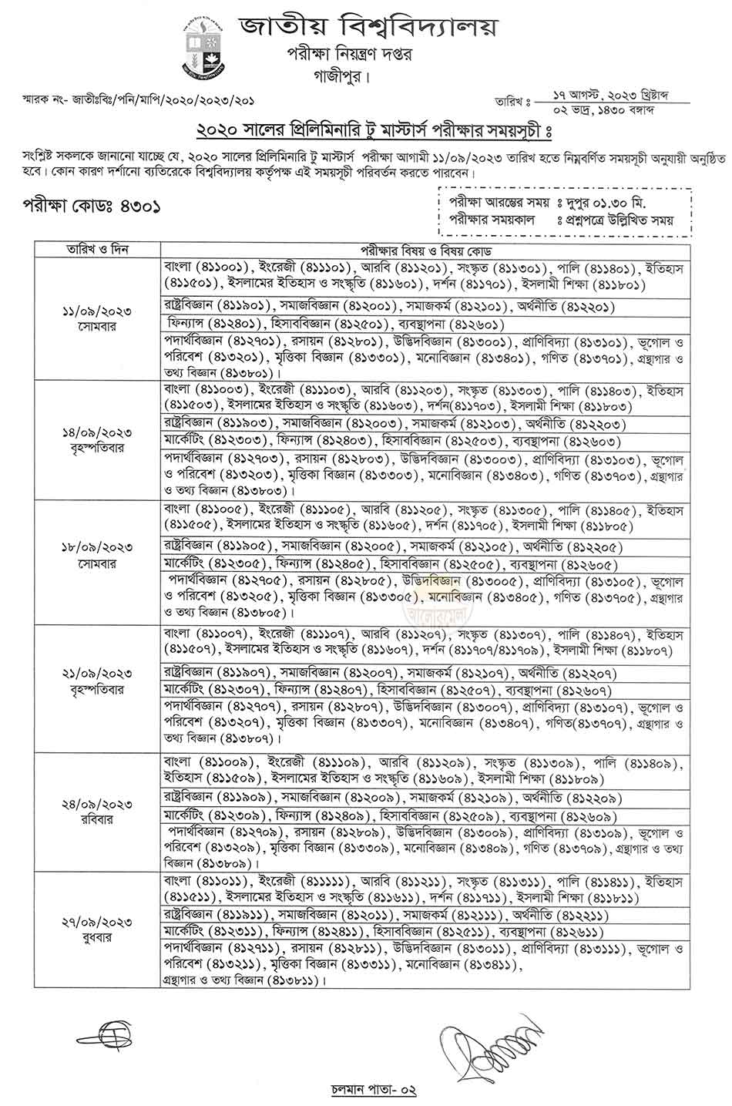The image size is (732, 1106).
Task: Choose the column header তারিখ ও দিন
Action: point(97,250)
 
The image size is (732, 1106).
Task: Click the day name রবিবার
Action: point(97,819)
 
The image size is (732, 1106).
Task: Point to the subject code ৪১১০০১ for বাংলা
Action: point(230,267)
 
